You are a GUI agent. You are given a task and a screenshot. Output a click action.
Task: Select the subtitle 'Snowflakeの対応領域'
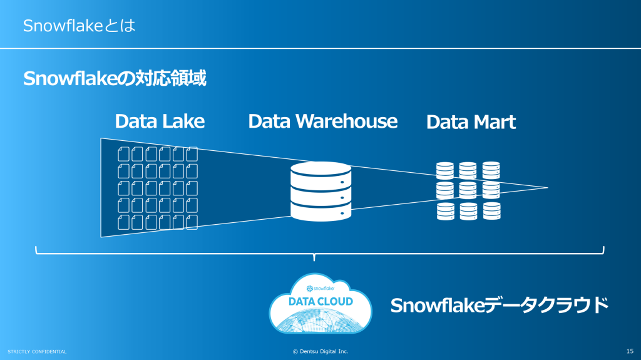pyautogui.click(x=115, y=80)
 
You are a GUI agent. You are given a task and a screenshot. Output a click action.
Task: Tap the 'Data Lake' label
pyautogui.click(x=160, y=121)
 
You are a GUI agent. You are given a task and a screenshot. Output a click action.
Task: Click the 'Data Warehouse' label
pyautogui.click(x=322, y=121)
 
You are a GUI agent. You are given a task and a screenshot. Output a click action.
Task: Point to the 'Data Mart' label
pyautogui.click(x=471, y=122)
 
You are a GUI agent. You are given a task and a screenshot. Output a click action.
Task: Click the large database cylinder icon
pyautogui.click(x=320, y=191)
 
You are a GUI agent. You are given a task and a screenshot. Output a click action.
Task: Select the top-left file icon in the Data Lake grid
pyautogui.click(x=123, y=153)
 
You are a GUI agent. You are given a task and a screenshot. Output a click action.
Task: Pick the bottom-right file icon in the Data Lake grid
pyautogui.click(x=192, y=222)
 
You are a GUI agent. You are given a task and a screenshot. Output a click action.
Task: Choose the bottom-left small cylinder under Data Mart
pyautogui.click(x=445, y=211)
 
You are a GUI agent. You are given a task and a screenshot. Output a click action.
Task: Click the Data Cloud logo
pyautogui.click(x=320, y=303)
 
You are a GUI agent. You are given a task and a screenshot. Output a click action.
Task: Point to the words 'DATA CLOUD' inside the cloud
pyautogui.click(x=320, y=302)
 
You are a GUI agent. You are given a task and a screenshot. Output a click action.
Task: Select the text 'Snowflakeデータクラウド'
pyautogui.click(x=499, y=305)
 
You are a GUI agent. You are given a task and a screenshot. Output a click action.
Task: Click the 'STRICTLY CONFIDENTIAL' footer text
pyautogui.click(x=37, y=351)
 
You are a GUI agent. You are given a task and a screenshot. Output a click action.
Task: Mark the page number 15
pyautogui.click(x=630, y=351)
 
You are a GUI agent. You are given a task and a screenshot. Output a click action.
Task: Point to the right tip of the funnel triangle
pyautogui.click(x=548, y=188)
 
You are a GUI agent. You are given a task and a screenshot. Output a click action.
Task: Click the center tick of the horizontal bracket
pyautogui.click(x=314, y=257)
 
